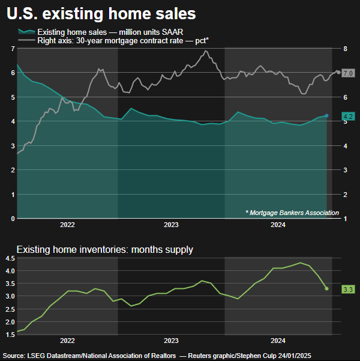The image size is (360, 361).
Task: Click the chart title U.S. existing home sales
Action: [x=101, y=12]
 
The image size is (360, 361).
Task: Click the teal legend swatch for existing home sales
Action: [x=25, y=31]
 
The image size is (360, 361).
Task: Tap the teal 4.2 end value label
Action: [x=348, y=116]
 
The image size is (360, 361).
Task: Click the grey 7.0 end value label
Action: [x=348, y=73]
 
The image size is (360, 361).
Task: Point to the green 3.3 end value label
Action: [x=348, y=290]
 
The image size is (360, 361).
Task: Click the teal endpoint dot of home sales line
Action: [x=327, y=115]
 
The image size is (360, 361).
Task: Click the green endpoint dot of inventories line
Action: [x=327, y=289]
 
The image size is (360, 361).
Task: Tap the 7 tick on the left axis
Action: [x=13, y=48]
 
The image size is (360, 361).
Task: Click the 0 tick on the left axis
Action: [x=13, y=219]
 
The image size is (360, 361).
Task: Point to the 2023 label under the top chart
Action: [x=171, y=225]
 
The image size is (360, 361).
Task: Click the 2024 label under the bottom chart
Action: [x=278, y=339]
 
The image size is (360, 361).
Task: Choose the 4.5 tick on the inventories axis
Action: [x=10, y=258]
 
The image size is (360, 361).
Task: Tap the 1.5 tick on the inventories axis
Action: [x=10, y=334]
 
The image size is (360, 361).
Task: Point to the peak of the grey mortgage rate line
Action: [x=206, y=51]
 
